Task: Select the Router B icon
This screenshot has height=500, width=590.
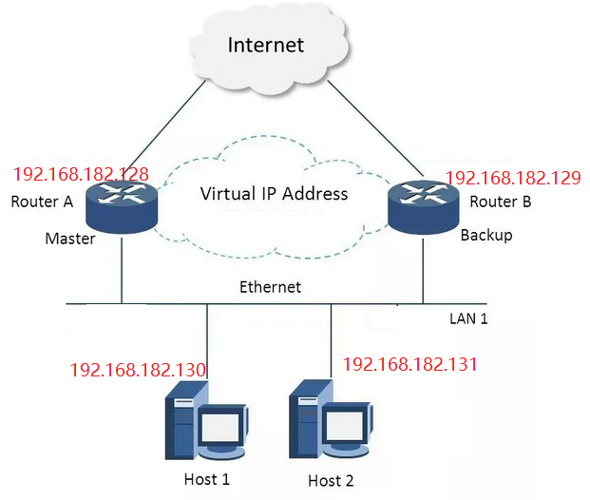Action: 421,205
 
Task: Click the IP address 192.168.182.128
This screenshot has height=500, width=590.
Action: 81,175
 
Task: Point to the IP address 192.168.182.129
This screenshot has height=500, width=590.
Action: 513,178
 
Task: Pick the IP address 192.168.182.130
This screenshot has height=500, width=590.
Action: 139,369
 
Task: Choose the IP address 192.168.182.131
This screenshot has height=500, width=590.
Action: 409,364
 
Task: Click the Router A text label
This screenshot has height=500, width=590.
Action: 42,202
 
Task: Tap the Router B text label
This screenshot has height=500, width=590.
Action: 500,202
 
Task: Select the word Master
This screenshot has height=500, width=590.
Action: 70,239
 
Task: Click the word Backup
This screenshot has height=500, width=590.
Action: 485,235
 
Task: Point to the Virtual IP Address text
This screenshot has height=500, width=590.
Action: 274,194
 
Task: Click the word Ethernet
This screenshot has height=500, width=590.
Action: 270,286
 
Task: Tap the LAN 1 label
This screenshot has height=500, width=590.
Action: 468,318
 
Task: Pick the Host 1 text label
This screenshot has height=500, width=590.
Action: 205,478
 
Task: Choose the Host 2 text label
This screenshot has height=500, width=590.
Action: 330,480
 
